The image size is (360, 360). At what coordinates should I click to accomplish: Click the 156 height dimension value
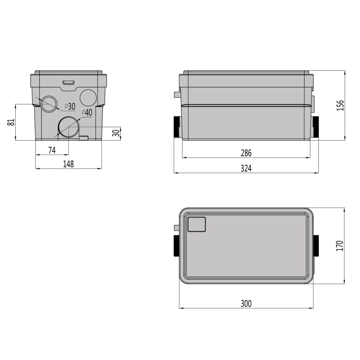click(x=340, y=105)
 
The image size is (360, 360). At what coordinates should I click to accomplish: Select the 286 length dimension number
click(x=246, y=153)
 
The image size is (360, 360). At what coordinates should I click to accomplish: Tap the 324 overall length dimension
click(x=246, y=169)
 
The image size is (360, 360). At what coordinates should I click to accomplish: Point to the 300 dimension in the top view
click(x=246, y=304)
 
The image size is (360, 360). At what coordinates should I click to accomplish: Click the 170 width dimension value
click(x=340, y=245)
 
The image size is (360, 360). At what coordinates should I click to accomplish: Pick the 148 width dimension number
click(x=69, y=164)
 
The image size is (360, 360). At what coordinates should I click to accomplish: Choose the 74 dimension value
click(x=52, y=150)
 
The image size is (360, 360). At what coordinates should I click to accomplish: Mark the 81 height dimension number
click(x=11, y=122)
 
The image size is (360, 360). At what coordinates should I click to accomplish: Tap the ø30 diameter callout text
click(x=70, y=106)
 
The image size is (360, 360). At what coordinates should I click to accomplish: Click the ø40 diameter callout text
click(x=87, y=112)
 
